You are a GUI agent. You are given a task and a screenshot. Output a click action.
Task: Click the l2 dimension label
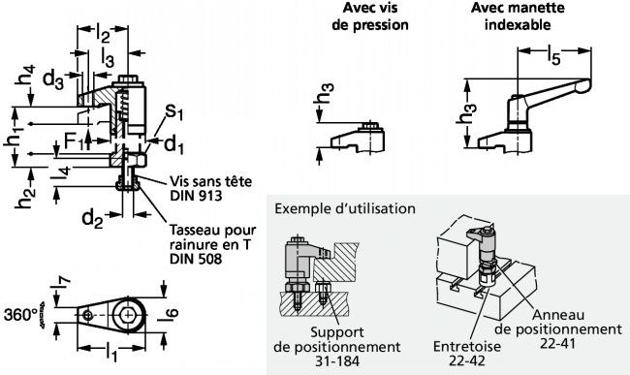click(x=103, y=34)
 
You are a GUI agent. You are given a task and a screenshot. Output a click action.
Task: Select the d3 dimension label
click(x=52, y=78)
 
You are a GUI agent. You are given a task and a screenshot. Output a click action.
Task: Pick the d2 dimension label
click(x=92, y=219)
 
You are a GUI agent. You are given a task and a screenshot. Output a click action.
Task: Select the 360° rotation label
click(x=20, y=315)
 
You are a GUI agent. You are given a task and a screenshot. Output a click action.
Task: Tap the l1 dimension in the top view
click(x=110, y=352)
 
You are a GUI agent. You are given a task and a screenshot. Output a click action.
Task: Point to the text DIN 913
click(x=196, y=196)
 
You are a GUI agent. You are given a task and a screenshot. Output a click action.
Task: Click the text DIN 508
click(x=196, y=259)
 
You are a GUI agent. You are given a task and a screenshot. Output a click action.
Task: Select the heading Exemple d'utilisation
click(x=345, y=208)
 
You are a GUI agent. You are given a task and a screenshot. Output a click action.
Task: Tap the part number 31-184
click(x=337, y=361)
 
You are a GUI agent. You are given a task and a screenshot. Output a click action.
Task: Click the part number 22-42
click(x=467, y=360)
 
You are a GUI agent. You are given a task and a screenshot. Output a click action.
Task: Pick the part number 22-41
click(x=557, y=344)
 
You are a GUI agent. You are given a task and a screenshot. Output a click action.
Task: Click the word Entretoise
click(x=467, y=346)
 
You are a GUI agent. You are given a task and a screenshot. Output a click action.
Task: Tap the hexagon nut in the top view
click(x=128, y=315)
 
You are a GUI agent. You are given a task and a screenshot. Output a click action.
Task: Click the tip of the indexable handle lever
click(x=589, y=84)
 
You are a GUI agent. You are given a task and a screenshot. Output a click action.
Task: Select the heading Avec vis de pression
click(x=370, y=16)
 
